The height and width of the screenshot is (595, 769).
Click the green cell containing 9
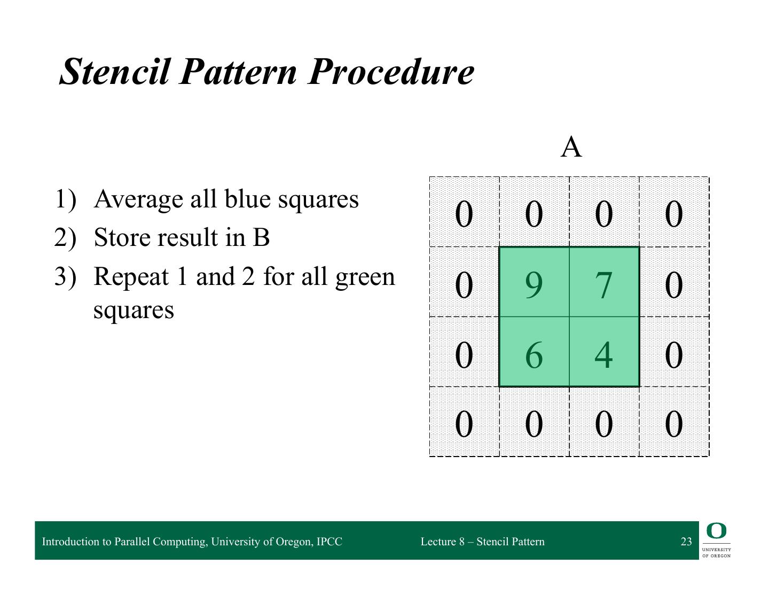tap(534, 282)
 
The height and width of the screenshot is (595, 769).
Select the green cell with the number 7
tap(604, 282)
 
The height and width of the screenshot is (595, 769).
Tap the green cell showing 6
tap(534, 351)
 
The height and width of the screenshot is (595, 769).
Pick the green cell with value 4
tap(604, 351)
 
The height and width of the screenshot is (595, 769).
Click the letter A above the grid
tap(571, 147)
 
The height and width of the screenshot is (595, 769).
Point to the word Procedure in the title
tap(391, 72)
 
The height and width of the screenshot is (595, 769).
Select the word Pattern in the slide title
tap(238, 72)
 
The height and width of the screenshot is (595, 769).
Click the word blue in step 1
tap(247, 198)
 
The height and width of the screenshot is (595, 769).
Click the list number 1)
tap(66, 199)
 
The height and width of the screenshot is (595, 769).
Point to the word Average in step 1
tap(138, 199)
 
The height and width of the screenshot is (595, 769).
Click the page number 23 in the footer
tap(686, 541)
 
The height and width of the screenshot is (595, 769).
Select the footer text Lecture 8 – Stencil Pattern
tap(482, 542)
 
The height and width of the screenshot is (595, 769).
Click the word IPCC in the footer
tap(329, 542)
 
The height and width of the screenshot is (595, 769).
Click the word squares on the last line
tap(134, 311)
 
